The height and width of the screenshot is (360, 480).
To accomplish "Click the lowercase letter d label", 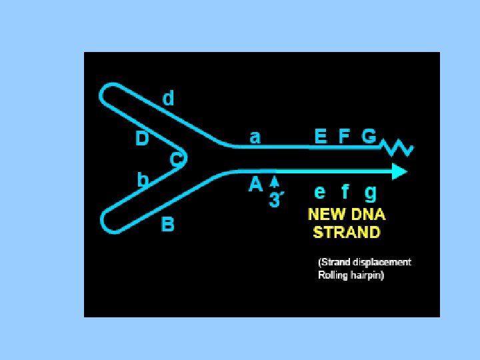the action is (x=169, y=99).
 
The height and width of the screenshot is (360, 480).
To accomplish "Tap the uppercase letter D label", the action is (x=142, y=139).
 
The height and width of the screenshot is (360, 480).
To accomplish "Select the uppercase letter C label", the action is (x=176, y=160).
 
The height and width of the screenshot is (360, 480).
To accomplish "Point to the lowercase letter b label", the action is (x=142, y=179).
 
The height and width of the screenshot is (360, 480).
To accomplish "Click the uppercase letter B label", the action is (x=168, y=225).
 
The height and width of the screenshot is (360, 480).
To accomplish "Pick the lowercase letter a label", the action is (x=255, y=137).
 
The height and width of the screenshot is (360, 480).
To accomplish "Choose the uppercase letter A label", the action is (x=255, y=185).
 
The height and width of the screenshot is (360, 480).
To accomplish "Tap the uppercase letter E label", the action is (x=321, y=137).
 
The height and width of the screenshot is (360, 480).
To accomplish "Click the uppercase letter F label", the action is (x=344, y=137).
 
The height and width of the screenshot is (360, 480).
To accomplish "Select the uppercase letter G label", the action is (x=369, y=137).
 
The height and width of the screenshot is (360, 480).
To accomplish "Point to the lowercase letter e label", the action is (x=320, y=192).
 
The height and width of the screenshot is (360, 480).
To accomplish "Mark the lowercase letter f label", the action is (x=345, y=192).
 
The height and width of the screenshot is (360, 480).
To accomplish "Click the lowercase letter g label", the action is (x=370, y=193).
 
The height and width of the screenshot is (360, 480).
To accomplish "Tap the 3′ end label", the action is (x=275, y=200).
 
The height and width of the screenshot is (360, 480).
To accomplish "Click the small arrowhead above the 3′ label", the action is (x=274, y=181).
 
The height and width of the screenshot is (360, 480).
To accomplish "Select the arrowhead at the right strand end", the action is (x=399, y=172).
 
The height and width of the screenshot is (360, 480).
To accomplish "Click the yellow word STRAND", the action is (x=347, y=233).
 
